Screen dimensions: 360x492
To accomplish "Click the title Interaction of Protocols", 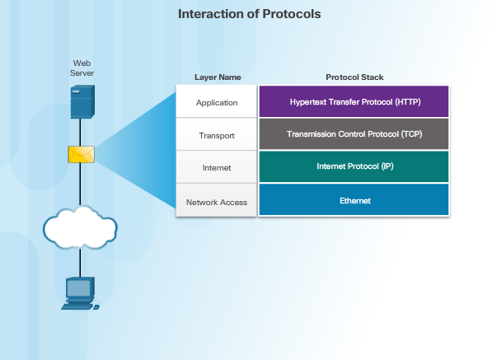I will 250,14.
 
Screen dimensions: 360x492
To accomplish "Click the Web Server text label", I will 81,68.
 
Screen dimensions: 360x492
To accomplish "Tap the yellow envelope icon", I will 81,154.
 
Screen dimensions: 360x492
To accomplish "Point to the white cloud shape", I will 81,227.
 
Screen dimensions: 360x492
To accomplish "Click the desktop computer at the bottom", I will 80,293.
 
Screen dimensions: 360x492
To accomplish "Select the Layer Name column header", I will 218,77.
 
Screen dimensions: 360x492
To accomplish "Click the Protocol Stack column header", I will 354,77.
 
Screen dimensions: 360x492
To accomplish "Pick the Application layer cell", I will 217,102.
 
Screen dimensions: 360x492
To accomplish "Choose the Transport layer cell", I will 217,134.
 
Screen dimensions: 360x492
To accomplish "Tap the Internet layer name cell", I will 217,167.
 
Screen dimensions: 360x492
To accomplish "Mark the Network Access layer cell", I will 217,201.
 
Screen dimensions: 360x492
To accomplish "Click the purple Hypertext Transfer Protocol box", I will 354,101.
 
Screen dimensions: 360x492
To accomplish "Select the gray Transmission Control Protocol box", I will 354,133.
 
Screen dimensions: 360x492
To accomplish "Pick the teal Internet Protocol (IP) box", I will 354,166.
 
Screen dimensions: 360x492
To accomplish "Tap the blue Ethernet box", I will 354,200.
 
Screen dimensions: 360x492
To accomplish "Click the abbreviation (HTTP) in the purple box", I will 404,101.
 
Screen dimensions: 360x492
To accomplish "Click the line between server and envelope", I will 81,131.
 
